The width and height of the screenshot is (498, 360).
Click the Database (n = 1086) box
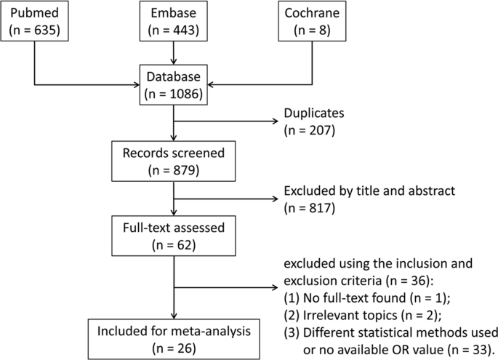pyautogui.click(x=174, y=86)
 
